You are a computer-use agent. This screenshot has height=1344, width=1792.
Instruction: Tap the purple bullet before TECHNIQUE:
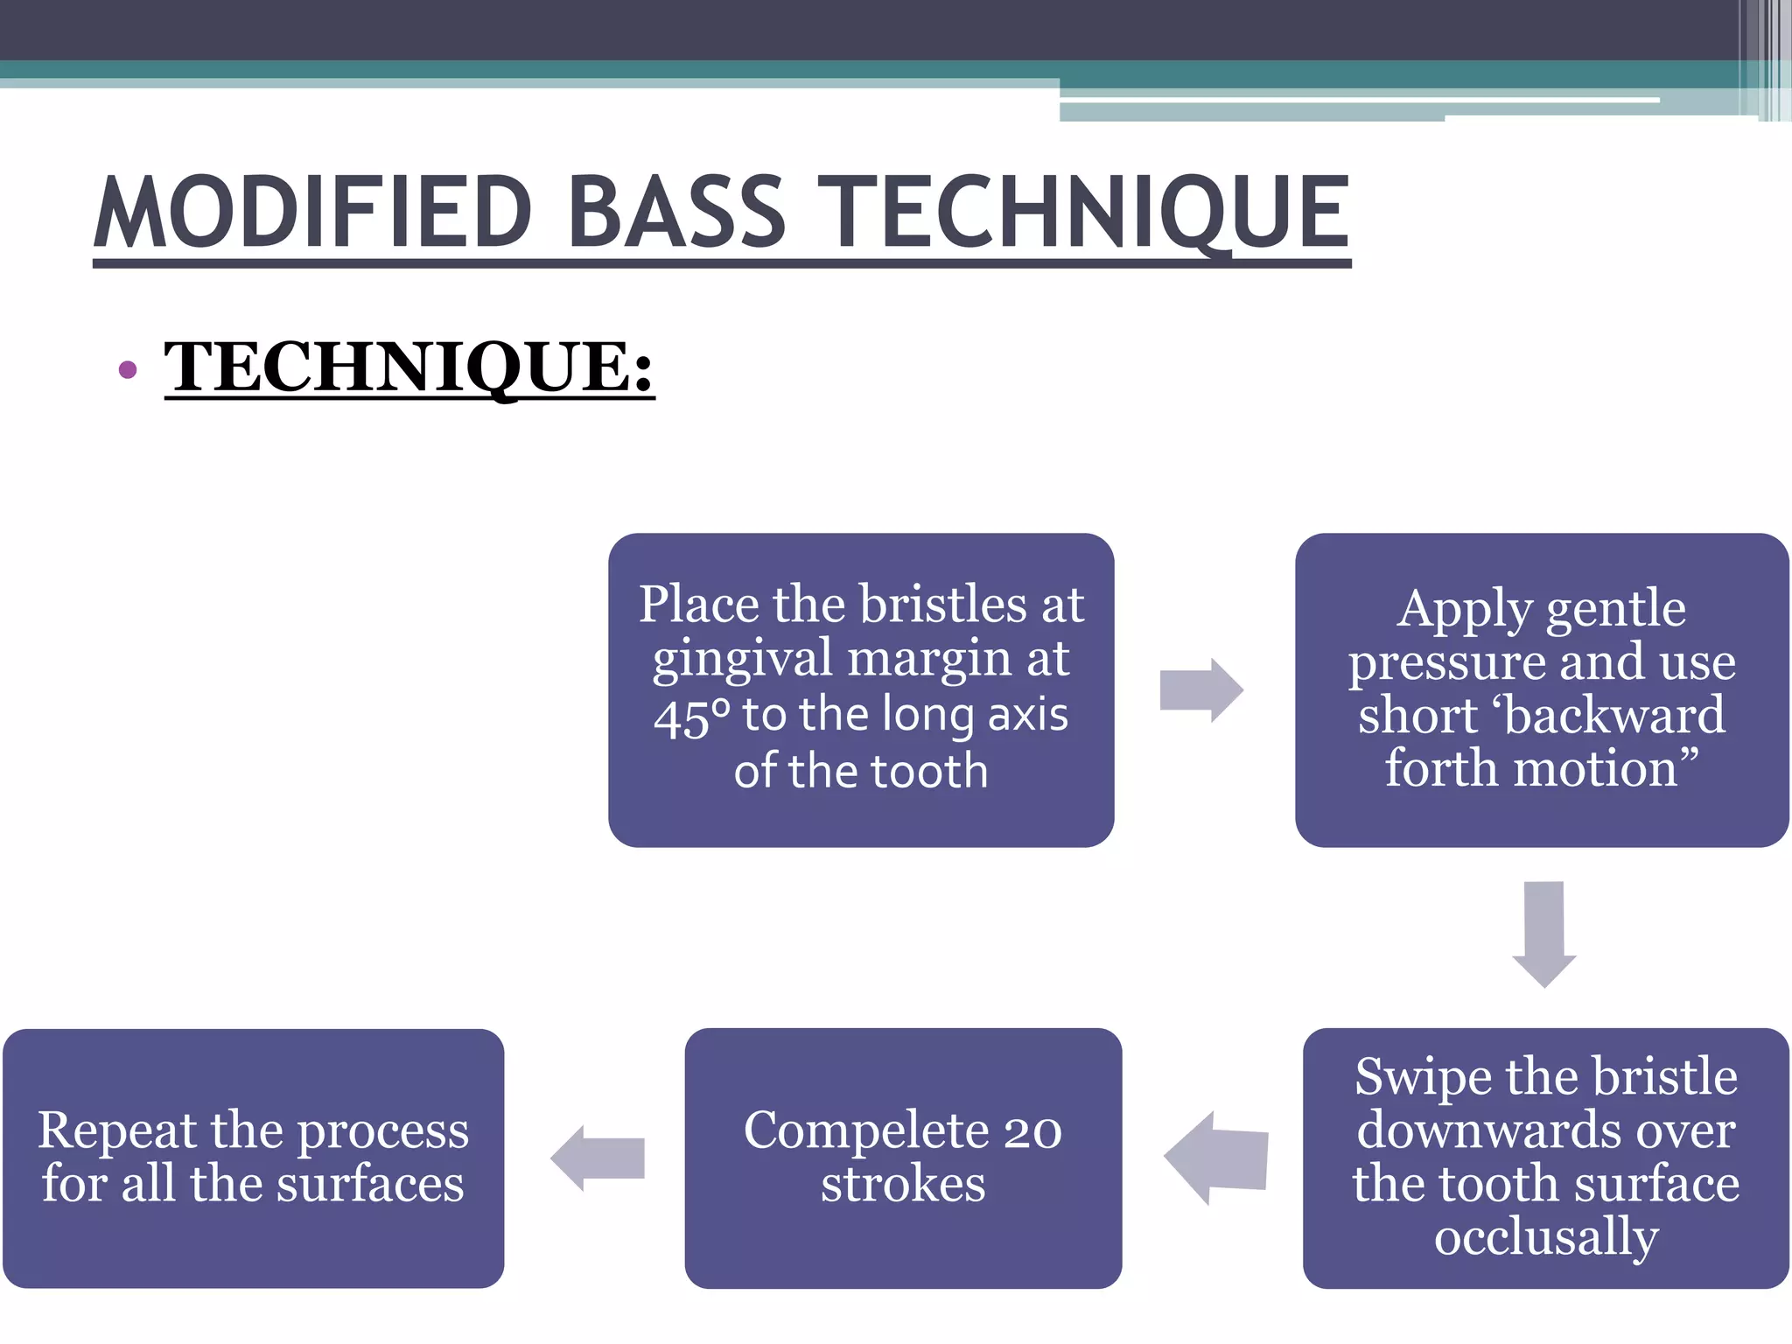pyautogui.click(x=128, y=370)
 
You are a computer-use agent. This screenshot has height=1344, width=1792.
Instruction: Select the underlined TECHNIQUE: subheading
pyautogui.click(x=409, y=367)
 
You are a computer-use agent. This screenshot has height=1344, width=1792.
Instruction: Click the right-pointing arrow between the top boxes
pyautogui.click(x=1200, y=690)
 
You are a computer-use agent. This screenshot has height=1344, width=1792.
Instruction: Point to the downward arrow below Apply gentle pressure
pyautogui.click(x=1543, y=934)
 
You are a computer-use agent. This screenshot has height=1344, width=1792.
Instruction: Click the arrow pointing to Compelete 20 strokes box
pyautogui.click(x=1216, y=1158)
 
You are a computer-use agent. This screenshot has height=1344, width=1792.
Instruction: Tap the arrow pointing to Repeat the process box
pyautogui.click(x=598, y=1158)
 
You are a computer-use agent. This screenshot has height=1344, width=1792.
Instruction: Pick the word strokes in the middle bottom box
pyautogui.click(x=903, y=1185)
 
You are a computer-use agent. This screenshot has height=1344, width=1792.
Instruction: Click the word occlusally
pyautogui.click(x=1546, y=1237)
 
